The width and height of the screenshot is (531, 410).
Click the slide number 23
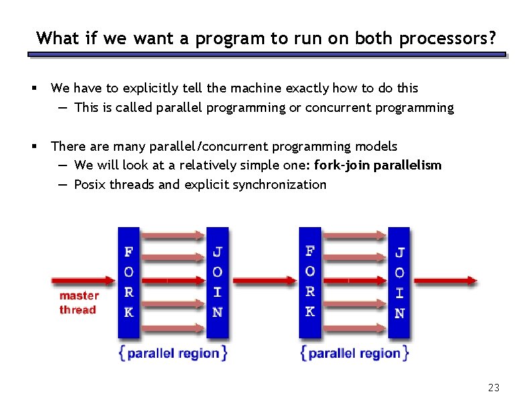494,388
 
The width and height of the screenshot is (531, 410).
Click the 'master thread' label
78,303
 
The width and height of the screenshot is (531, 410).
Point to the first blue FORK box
128,282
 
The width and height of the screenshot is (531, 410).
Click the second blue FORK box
310,282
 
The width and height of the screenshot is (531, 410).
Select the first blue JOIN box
217,282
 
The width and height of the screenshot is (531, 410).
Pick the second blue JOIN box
399,282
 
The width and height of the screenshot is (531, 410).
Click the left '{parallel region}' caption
173,353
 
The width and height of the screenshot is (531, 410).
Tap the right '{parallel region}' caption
355,353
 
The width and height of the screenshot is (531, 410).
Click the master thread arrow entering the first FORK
84,281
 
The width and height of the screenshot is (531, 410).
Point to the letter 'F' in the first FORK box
128,253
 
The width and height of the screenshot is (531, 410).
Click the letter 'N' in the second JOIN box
399,313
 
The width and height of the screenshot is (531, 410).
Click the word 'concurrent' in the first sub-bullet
336,108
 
